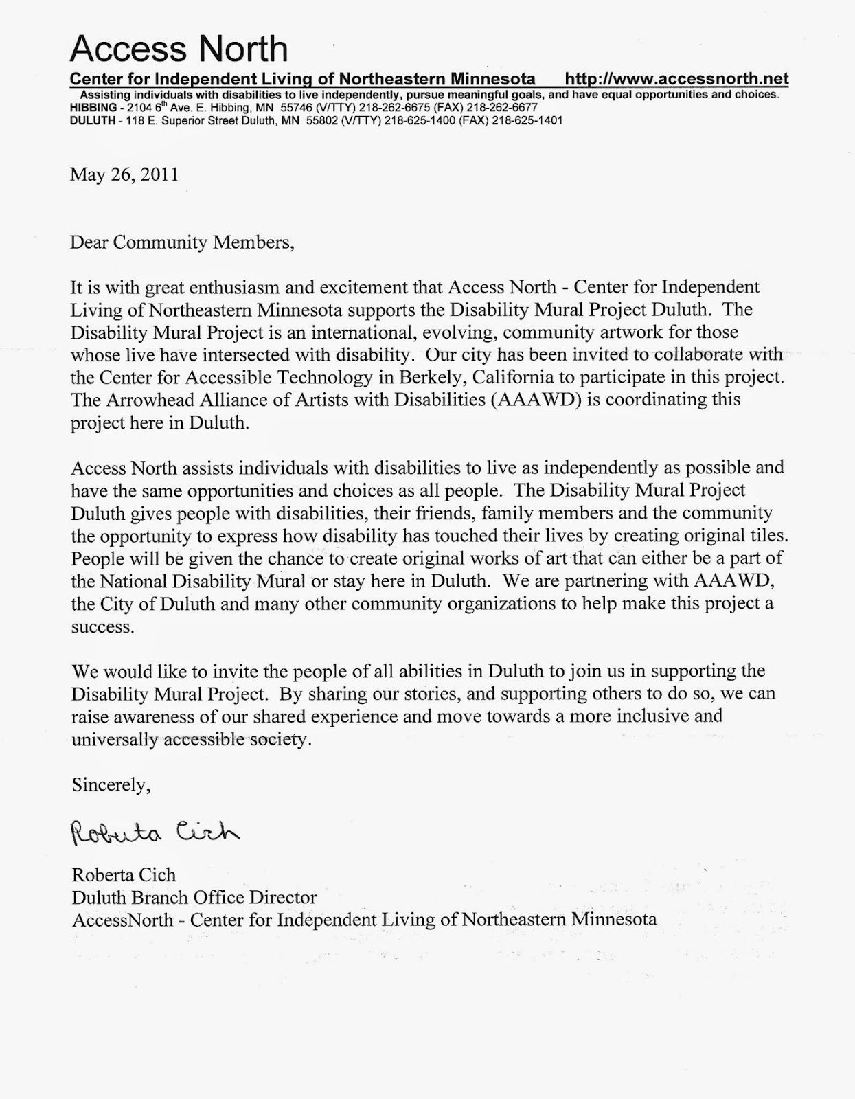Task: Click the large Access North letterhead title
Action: point(179,48)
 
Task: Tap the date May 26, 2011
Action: point(124,174)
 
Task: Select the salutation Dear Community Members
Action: point(182,242)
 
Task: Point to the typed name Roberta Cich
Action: point(124,875)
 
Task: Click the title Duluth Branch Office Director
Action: point(194,897)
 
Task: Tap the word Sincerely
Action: point(111,785)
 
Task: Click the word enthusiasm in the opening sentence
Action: point(226,286)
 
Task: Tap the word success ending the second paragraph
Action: point(102,627)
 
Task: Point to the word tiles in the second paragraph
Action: point(764,536)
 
